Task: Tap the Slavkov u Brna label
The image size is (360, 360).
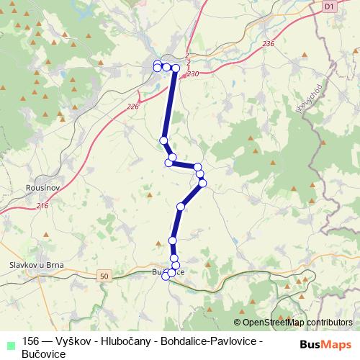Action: pyautogui.click(x=36, y=264)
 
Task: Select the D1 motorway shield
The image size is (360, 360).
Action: pyautogui.click(x=329, y=6)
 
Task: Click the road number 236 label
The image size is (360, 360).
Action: pyautogui.click(x=269, y=44)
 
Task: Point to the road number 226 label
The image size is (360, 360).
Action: pyautogui.click(x=132, y=107)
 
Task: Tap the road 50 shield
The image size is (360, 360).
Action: pyautogui.click(x=105, y=275)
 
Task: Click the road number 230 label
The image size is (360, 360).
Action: pyautogui.click(x=192, y=73)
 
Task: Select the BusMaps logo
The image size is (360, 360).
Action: pyautogui.click(x=320, y=344)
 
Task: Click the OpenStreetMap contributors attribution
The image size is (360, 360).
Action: pyautogui.click(x=296, y=322)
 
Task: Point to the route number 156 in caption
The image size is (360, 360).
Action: pyautogui.click(x=32, y=341)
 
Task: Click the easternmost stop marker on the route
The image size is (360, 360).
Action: pyautogui.click(x=202, y=183)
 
